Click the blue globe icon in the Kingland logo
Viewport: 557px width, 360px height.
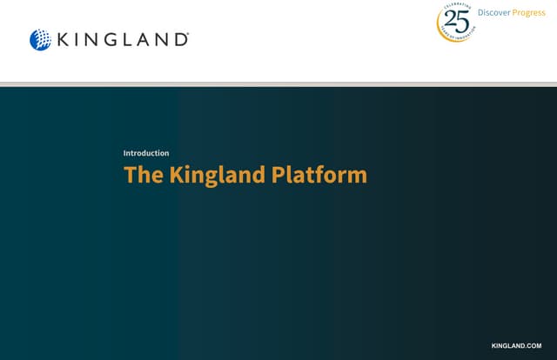tap(40, 39)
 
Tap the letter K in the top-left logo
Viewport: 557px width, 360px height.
tap(64, 39)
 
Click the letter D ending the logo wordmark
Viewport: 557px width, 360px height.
tap(179, 39)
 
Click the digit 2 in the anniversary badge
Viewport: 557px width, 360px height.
tap(450, 21)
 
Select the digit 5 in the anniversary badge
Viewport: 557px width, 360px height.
tap(463, 21)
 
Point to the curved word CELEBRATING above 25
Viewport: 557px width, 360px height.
tap(456, 8)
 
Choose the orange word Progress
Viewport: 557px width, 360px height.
tap(529, 12)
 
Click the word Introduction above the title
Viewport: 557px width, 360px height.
tap(146, 153)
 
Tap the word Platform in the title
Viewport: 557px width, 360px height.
tap(319, 175)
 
